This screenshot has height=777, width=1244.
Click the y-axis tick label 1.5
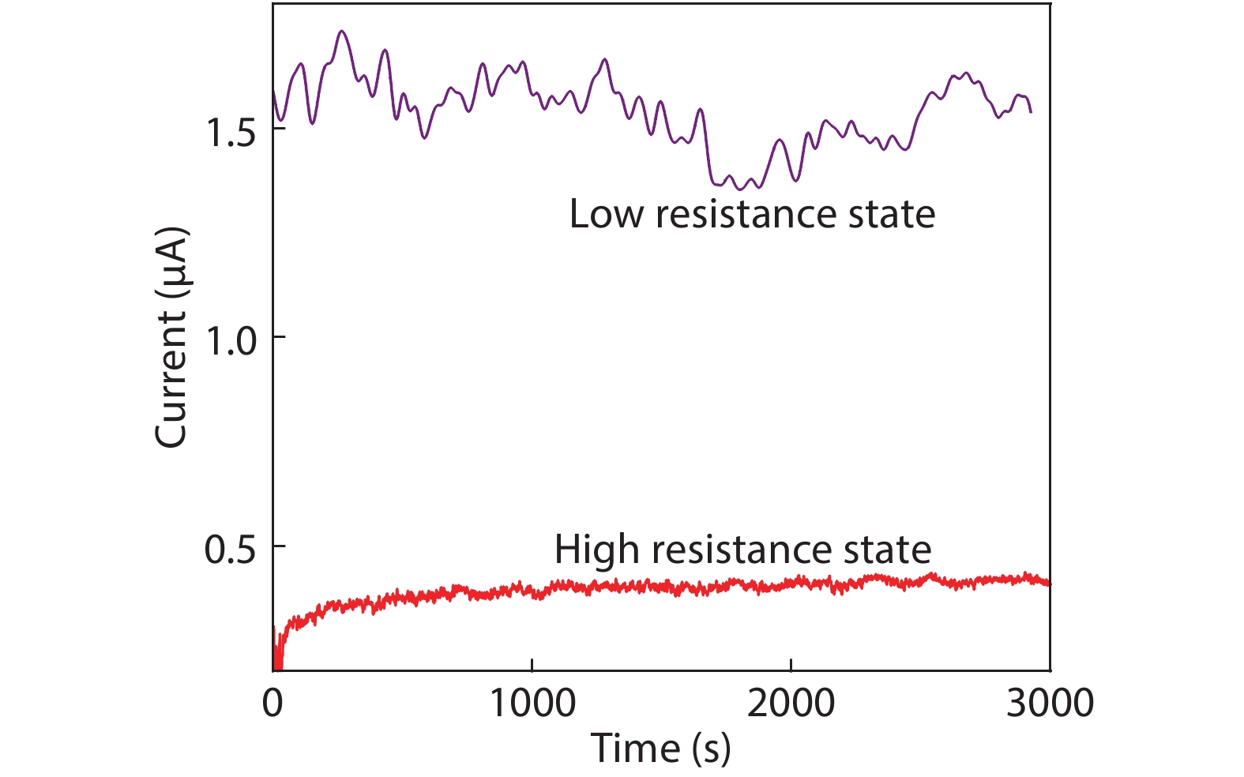(231, 133)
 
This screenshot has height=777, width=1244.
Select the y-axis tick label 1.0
(231, 341)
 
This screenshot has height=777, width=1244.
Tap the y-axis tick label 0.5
(231, 550)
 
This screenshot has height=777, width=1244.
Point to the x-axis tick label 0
(272, 703)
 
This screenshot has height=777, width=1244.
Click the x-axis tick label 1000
(532, 703)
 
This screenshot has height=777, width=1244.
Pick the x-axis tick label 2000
(791, 703)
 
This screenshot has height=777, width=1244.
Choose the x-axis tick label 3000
(1050, 703)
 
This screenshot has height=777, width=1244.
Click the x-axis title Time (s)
(660, 748)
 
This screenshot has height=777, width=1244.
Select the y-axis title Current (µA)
(171, 338)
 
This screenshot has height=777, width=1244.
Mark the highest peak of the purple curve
(341, 32)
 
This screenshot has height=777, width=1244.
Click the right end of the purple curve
(1030, 112)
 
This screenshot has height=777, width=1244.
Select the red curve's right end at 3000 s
(1048, 584)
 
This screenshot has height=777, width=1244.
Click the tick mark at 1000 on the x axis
(532, 665)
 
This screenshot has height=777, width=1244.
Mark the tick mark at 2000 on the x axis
(791, 665)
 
